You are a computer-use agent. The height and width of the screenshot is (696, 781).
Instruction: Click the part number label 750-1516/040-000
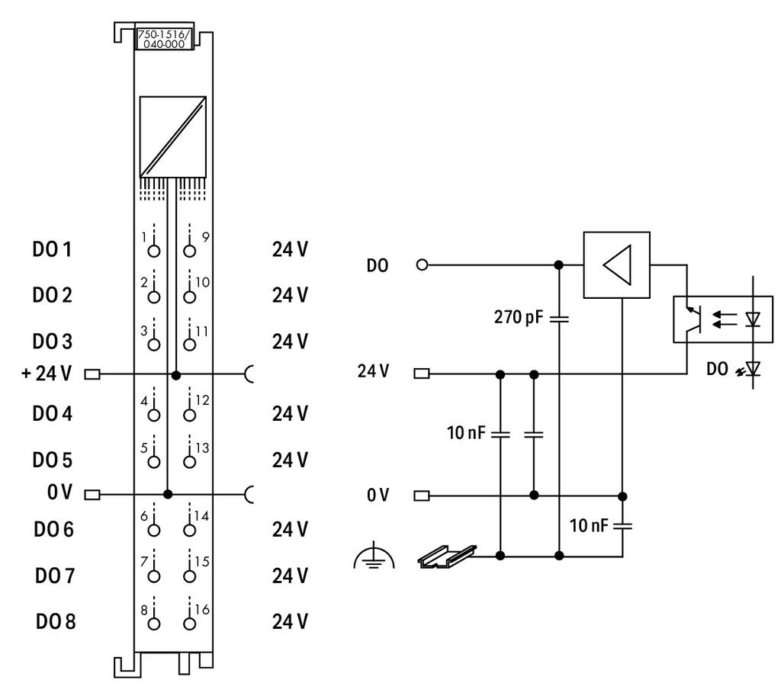pos(163,40)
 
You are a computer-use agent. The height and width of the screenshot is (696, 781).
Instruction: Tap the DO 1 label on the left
pos(52,249)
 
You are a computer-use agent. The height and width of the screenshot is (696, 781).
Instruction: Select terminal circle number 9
pos(189,251)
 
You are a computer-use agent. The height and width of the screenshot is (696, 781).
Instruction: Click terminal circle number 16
pos(189,624)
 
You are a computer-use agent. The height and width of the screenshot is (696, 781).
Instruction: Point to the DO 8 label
pos(55,621)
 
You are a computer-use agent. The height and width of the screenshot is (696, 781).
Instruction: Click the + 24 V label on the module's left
pos(47,374)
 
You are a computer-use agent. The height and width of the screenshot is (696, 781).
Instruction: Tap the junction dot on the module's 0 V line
pos(168,495)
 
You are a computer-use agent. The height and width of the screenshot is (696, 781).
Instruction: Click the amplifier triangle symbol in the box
pos(617,265)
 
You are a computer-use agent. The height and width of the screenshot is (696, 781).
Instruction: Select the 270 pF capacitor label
pos(518,317)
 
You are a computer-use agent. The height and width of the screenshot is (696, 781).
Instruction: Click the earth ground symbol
pos(374,558)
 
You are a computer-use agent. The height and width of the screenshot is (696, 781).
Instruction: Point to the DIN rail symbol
pos(447,556)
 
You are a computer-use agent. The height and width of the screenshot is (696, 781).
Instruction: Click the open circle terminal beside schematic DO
pos(422,265)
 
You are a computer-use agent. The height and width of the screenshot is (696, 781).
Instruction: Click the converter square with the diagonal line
pos(173,137)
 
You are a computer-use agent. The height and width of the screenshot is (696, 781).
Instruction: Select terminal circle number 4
pos(154,415)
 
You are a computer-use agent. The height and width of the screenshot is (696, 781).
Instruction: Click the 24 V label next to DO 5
pos(290,460)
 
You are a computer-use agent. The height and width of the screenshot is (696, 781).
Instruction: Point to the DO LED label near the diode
pos(717,369)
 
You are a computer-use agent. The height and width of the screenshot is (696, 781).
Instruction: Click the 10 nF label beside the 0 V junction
pos(589,525)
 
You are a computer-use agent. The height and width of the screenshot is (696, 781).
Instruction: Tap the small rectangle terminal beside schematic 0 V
pos(421,496)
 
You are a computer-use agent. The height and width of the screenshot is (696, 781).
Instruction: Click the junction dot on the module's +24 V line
pos(175,375)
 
